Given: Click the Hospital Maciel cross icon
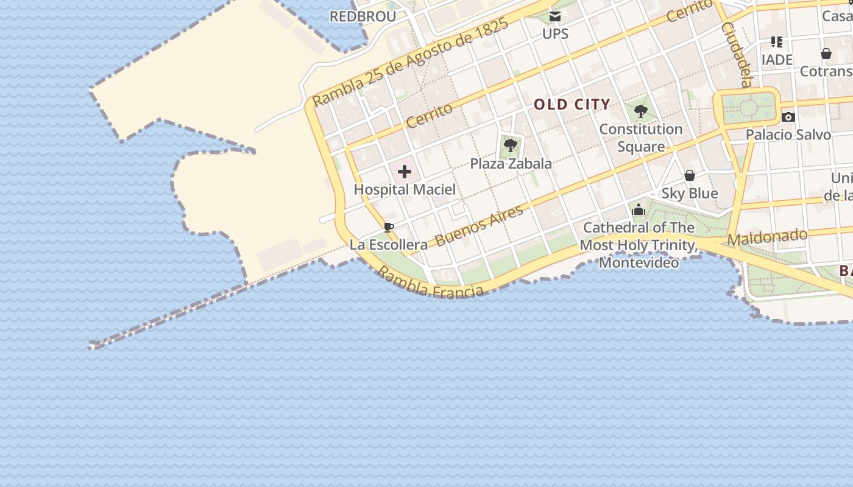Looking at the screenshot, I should tap(405, 172).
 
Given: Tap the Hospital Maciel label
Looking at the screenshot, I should tap(405, 189).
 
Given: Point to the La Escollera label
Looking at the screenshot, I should tap(389, 245).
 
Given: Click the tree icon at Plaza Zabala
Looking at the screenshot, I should tap(511, 145).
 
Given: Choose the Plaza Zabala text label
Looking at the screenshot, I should tap(511, 163).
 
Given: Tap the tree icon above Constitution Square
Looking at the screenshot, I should tap(640, 111).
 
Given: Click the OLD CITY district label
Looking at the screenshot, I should tap(572, 104).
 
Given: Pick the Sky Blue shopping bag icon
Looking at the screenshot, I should tap(690, 176).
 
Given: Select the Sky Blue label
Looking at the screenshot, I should tap(690, 194).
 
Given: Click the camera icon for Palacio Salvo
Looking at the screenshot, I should tap(788, 117).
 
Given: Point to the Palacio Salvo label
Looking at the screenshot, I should tap(788, 135).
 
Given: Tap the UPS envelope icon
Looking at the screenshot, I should tap(555, 16).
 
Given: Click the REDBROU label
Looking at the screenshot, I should tap(363, 16).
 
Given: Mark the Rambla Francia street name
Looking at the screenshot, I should tap(431, 282).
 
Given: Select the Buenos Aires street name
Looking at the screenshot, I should tap(480, 226).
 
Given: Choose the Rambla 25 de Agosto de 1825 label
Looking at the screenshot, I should tap(410, 62).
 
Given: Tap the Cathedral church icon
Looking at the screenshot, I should tap(639, 210).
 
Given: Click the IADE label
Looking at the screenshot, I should tap(777, 60).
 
